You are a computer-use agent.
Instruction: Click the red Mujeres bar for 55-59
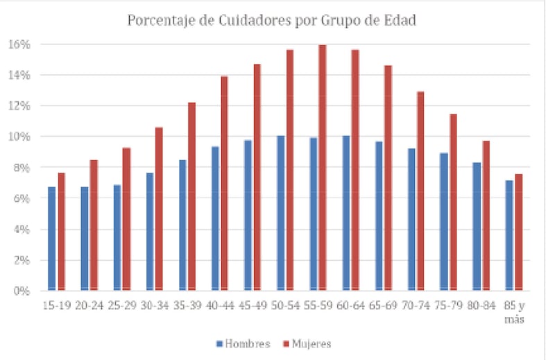pos(323,167)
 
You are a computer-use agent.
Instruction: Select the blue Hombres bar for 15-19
pos(52,238)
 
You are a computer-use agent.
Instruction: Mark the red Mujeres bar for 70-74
pos(420,191)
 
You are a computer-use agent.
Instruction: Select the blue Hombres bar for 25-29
pos(117,237)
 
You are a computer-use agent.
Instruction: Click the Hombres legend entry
pos(242,343)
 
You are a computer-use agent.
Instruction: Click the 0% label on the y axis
pos(22,291)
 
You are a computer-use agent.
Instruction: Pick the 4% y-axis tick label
pos(22,229)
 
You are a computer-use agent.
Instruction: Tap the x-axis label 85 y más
pos(515,313)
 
